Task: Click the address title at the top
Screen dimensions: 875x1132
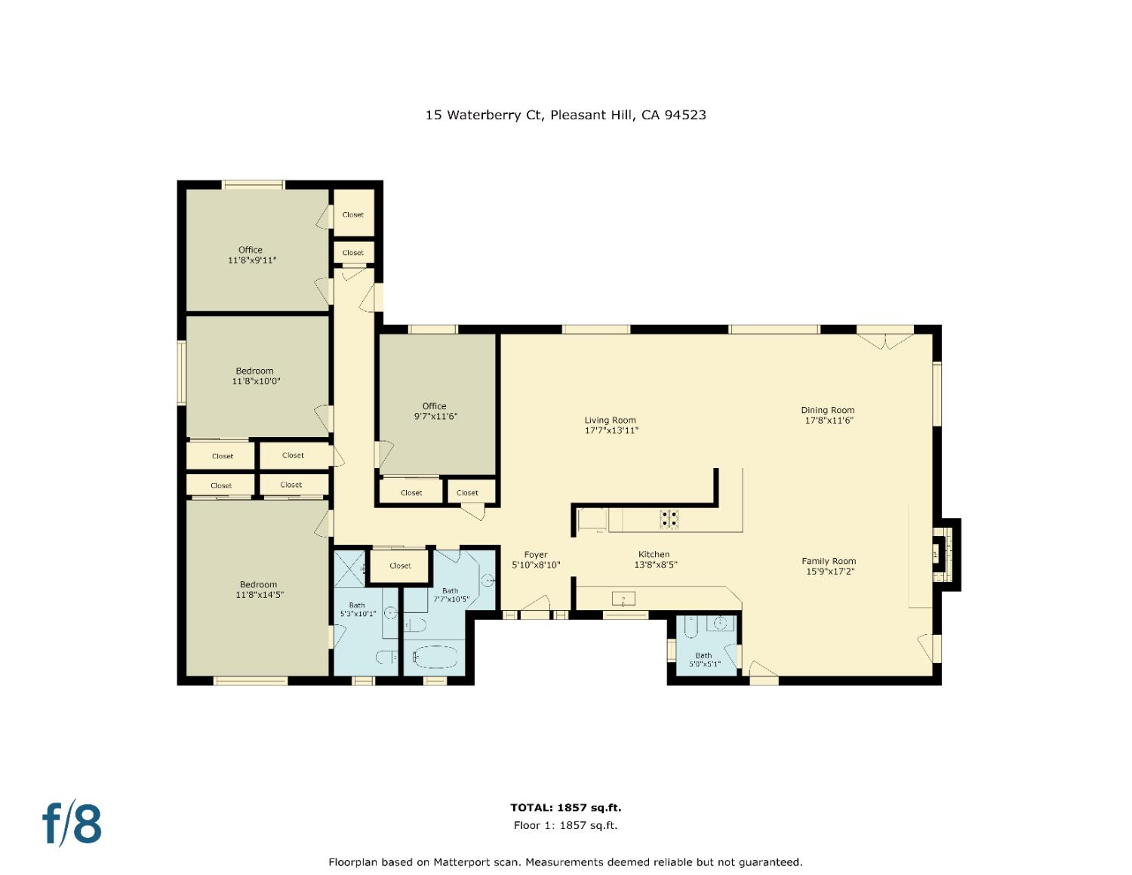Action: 565,116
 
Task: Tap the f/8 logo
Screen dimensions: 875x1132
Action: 72,824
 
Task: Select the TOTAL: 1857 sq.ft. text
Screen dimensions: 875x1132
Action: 565,808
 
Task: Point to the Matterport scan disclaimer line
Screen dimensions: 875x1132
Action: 565,862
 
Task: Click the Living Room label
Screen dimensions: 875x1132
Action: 611,426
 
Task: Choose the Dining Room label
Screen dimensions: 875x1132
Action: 828,415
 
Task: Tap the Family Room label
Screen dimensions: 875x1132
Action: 829,566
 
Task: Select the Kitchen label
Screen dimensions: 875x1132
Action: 654,559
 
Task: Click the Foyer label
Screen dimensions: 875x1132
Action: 536,559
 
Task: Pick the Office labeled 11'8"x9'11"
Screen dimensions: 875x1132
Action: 251,255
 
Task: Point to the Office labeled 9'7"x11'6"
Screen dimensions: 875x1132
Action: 435,411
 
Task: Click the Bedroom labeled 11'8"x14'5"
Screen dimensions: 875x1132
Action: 258,590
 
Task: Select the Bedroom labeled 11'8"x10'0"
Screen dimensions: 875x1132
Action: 255,376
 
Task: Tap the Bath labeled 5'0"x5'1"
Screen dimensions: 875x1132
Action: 704,660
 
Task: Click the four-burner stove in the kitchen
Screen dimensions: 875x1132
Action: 669,519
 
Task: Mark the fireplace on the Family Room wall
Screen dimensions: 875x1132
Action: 945,555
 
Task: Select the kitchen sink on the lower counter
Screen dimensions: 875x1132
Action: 623,599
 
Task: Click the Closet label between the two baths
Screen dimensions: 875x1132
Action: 400,565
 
